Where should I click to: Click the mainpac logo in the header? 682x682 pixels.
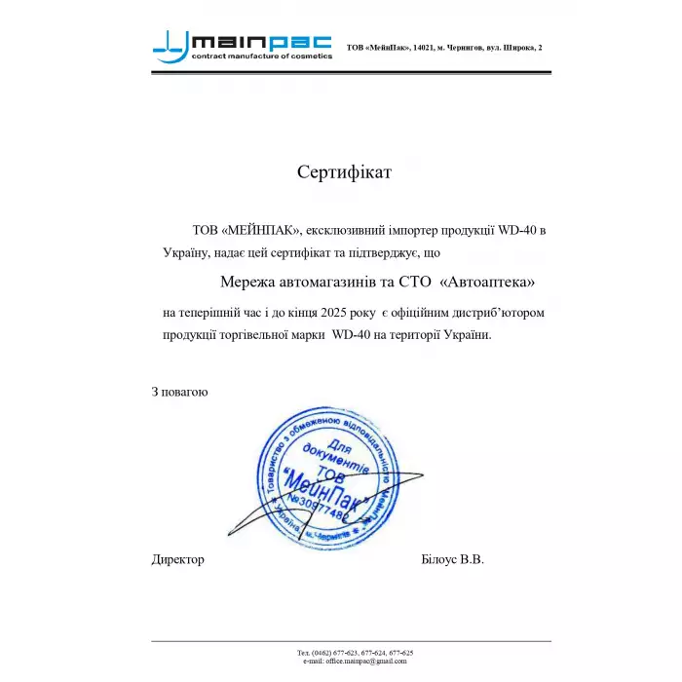pyautogui.click(x=243, y=45)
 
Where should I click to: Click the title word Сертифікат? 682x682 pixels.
pyautogui.click(x=344, y=172)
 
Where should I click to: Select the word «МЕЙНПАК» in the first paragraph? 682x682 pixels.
pyautogui.click(x=261, y=231)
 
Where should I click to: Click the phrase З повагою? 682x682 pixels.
pyautogui.click(x=179, y=392)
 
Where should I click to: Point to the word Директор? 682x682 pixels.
pyautogui.click(x=178, y=559)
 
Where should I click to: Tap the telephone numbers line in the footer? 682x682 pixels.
pyautogui.click(x=355, y=652)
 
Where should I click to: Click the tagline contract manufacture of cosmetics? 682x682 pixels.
pyautogui.click(x=261, y=57)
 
